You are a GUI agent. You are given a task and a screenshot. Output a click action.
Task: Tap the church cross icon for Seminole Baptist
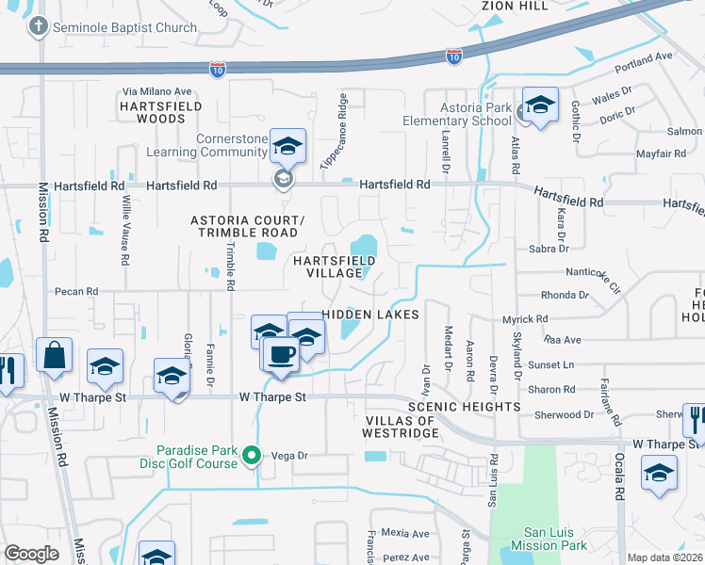(x=39, y=26)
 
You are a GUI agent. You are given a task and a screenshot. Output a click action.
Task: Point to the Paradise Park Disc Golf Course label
(x=197, y=457)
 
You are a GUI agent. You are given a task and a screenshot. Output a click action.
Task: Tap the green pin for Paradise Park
(x=252, y=457)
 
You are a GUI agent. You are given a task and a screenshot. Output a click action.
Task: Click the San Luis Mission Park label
(x=549, y=538)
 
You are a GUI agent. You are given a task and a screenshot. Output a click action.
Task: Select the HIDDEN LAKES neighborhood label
(x=369, y=315)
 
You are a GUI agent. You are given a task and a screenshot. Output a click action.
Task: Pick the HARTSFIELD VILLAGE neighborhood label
(x=328, y=266)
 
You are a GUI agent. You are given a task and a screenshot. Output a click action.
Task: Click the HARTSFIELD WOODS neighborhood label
(x=160, y=113)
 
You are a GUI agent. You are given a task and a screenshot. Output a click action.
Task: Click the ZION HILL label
(x=515, y=6)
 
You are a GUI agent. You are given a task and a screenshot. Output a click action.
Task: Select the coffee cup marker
(x=281, y=355)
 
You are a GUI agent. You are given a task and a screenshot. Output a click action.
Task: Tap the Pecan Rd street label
(x=77, y=292)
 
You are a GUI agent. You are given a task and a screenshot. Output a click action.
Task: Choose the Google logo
(x=31, y=554)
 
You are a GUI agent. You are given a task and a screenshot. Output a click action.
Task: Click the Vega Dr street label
(x=290, y=455)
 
